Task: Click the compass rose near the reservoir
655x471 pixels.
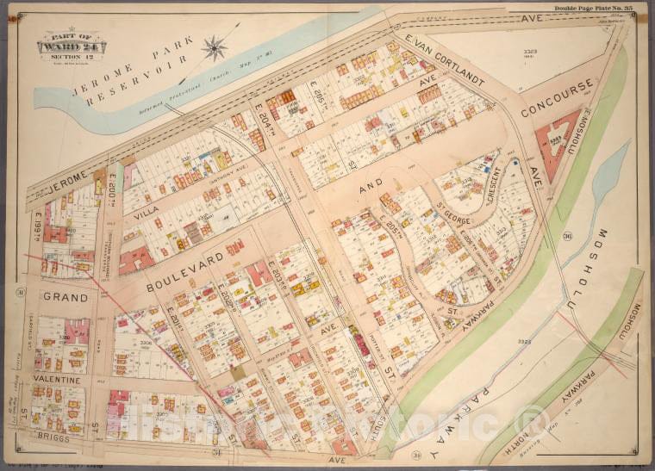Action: (215, 47)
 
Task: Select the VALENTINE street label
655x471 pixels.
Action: (57, 379)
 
